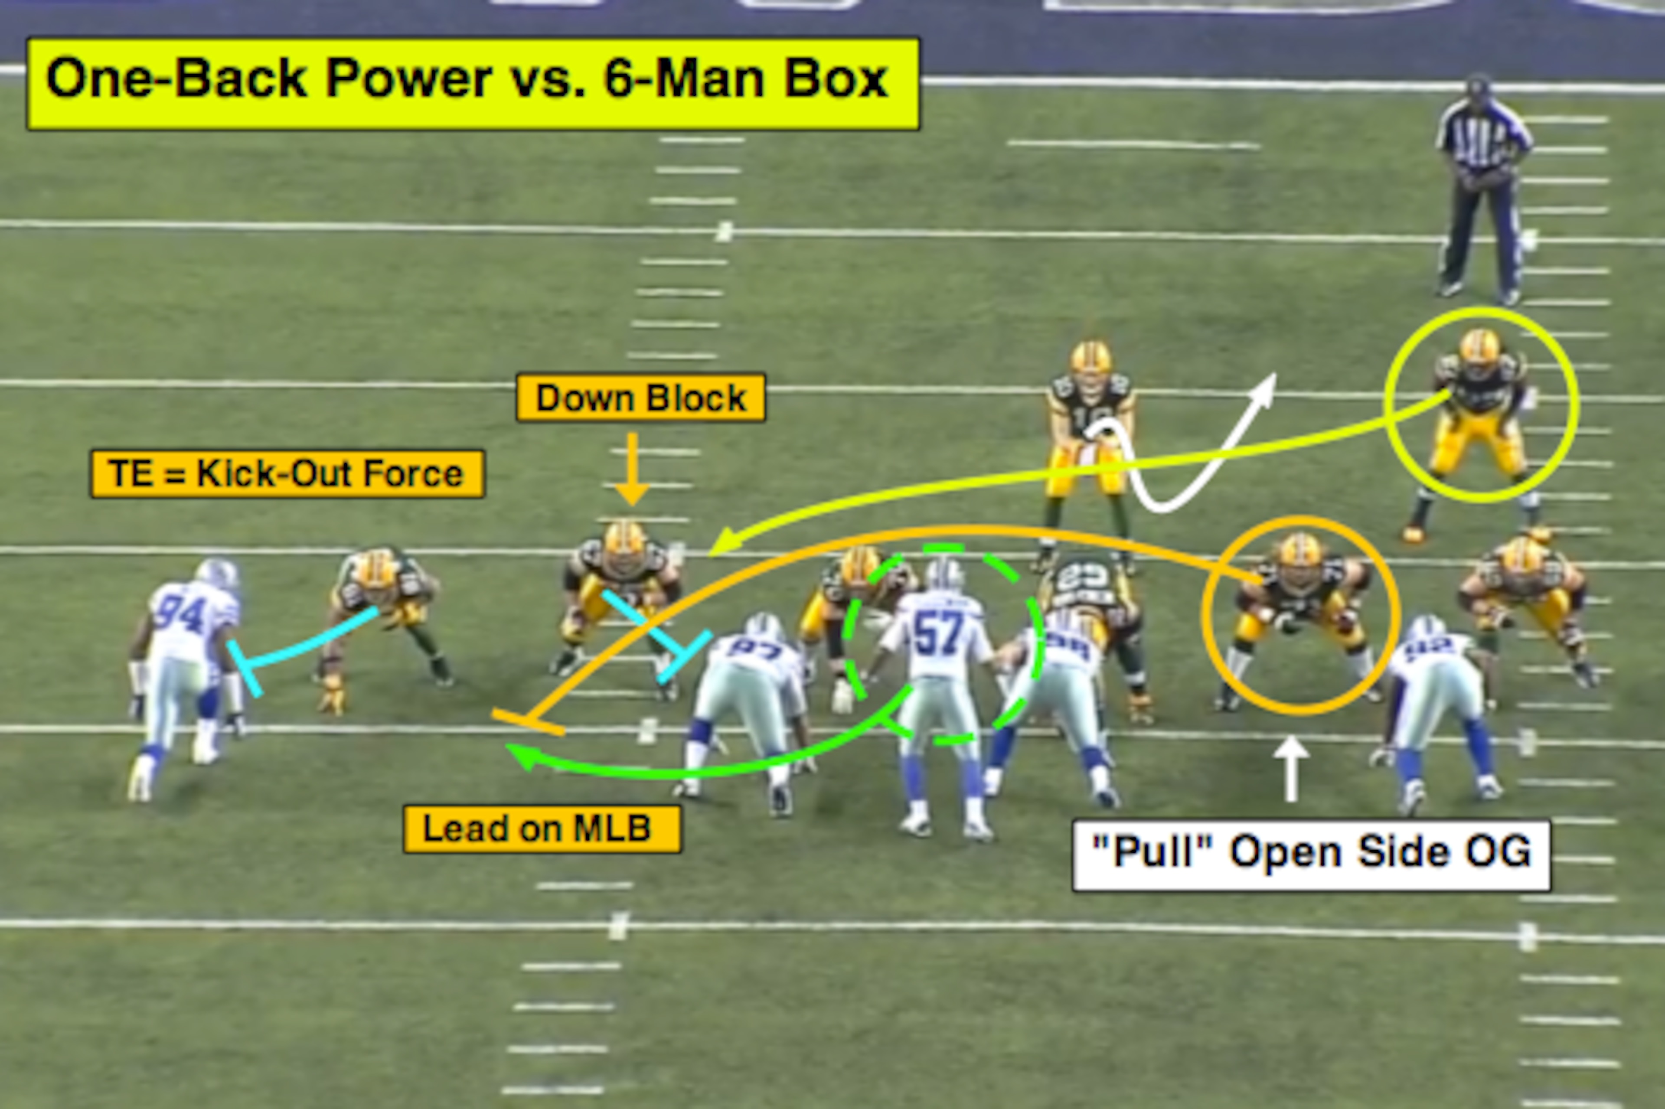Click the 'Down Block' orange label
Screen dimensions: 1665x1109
tap(641, 398)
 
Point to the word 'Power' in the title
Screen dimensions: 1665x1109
tap(408, 78)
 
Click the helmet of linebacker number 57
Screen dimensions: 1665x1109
tap(944, 574)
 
